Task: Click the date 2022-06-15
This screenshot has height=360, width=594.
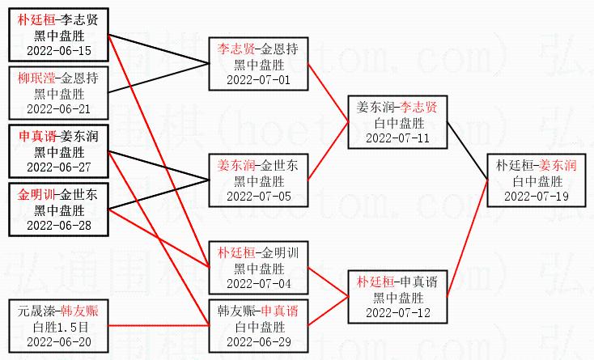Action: (58, 50)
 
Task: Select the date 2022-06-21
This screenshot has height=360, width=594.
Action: (58, 108)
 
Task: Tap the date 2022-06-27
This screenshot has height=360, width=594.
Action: (58, 167)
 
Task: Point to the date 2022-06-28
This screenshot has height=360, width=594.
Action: (58, 225)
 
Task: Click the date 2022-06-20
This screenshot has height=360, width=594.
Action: (58, 342)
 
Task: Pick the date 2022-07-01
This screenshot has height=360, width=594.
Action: (258, 80)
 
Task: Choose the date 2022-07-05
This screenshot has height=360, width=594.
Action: (258, 197)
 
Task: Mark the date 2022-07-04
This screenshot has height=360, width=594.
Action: (258, 284)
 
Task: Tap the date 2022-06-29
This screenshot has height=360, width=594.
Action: (258, 342)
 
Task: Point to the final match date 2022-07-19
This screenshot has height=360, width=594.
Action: (537, 197)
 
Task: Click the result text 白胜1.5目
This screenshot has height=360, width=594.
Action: (58, 327)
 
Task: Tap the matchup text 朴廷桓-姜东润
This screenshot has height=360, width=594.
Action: (537, 165)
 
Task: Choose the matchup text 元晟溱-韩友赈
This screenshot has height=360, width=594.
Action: (58, 311)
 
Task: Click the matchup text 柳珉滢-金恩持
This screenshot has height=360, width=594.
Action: (58, 78)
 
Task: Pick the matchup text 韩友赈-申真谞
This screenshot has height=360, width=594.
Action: (258, 311)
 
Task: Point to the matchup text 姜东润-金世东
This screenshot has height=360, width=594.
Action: (258, 165)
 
